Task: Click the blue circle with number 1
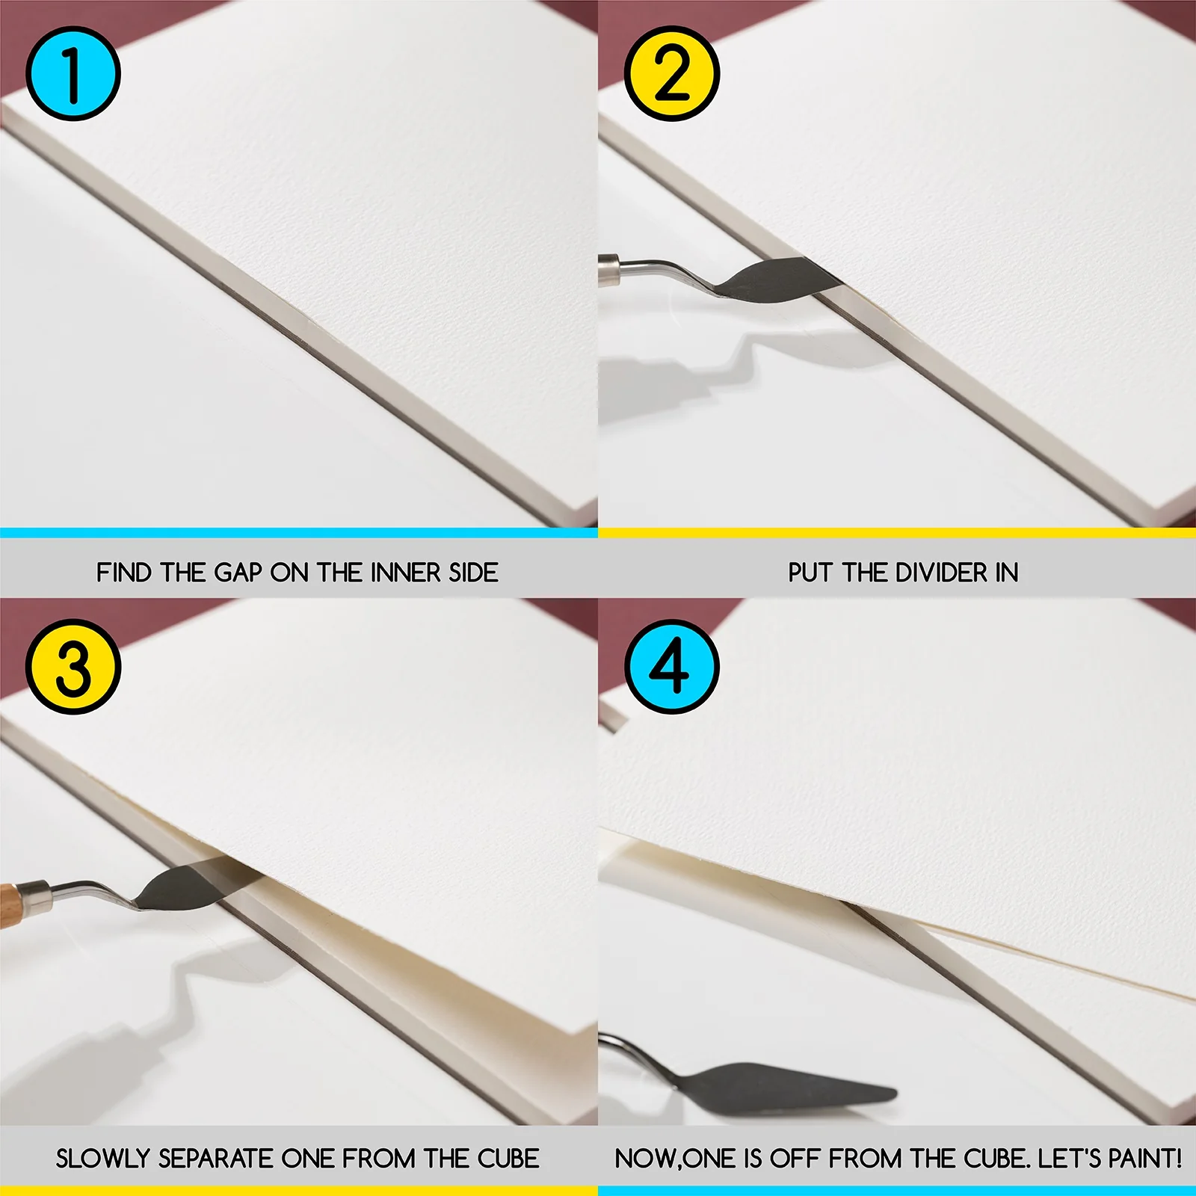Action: (x=73, y=73)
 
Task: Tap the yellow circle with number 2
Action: (x=671, y=73)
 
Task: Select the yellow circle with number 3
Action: (x=73, y=667)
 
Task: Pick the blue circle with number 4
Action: (x=671, y=667)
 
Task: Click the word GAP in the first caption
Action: (x=238, y=573)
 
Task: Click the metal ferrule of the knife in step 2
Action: (x=610, y=269)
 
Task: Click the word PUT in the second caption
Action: (x=811, y=573)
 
